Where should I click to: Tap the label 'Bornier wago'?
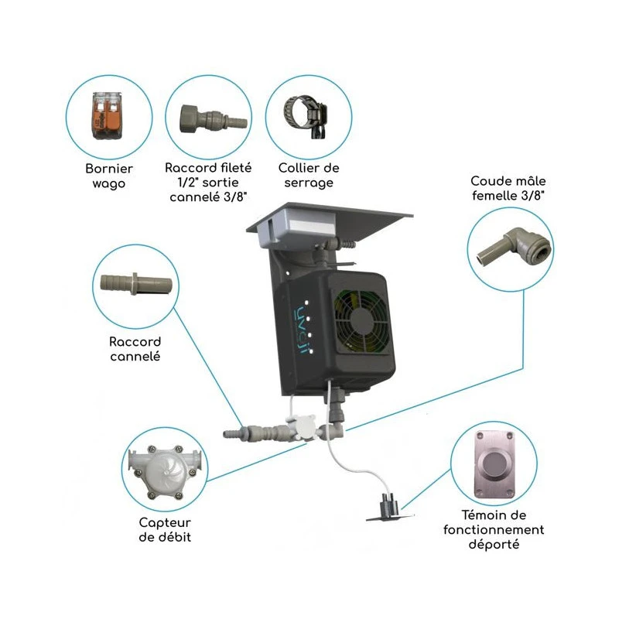(109, 176)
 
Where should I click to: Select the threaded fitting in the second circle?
(207, 118)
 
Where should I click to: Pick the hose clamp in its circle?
(308, 117)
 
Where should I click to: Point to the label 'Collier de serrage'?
(309, 176)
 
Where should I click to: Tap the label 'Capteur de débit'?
(166, 531)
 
